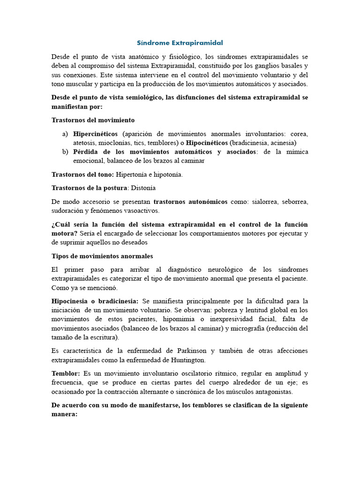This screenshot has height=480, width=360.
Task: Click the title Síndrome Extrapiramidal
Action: (180, 43)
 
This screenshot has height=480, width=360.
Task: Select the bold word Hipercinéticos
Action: (96, 134)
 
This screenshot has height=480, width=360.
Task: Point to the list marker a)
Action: (65, 134)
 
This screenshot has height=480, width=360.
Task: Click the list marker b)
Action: (65, 152)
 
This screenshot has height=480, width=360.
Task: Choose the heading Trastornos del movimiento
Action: (93, 120)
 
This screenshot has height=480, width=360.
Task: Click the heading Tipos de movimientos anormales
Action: (102, 256)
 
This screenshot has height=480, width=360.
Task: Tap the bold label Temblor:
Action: (66, 374)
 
